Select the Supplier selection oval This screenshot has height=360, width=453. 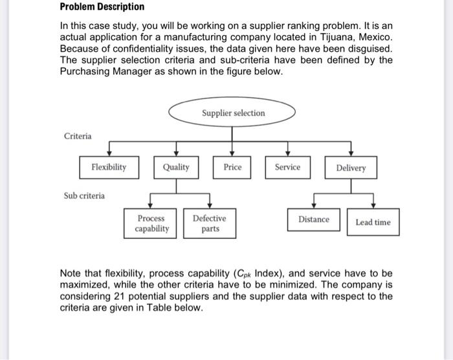click(x=233, y=113)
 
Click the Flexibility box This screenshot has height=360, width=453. click(x=108, y=167)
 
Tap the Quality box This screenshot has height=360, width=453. click(x=176, y=167)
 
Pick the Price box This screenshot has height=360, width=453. click(x=232, y=167)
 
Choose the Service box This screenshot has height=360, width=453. click(x=287, y=167)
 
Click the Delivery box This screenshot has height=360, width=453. click(x=351, y=168)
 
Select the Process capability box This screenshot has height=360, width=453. click(x=151, y=223)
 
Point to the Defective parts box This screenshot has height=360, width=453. click(x=210, y=223)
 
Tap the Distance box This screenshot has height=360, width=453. click(x=314, y=219)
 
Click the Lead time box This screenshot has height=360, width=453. click(x=373, y=222)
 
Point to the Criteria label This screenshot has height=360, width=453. click(x=78, y=136)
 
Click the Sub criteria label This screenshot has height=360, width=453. click(x=85, y=195)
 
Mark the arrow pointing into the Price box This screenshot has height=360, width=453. click(x=232, y=152)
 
